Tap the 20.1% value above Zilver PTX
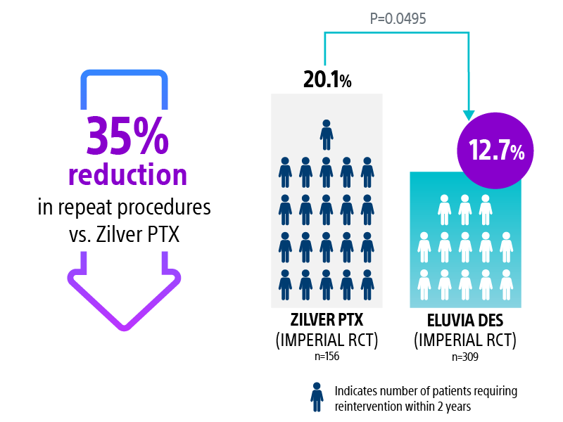[327, 79]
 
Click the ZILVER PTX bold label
[326, 320]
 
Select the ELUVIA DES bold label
[465, 320]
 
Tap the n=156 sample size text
[326, 357]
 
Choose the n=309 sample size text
[465, 357]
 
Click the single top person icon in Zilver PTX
[327, 134]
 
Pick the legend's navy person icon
[317, 397]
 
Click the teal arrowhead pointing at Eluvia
[467, 114]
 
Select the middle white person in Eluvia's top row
[464, 209]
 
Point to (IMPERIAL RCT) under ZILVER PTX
[326, 340]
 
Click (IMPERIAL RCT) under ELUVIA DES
[465, 340]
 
